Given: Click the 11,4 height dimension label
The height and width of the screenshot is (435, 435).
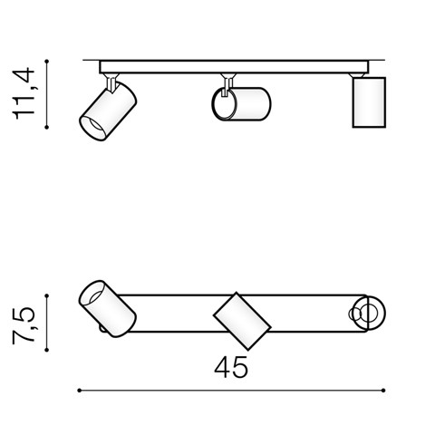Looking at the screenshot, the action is (x=24, y=93).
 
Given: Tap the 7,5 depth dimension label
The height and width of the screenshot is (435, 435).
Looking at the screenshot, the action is (x=24, y=325).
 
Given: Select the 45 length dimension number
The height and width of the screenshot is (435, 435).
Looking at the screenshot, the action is (x=231, y=367).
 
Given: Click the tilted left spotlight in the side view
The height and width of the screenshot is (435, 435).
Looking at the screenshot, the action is (x=108, y=111).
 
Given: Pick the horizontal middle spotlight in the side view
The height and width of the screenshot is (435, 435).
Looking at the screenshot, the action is (x=241, y=104).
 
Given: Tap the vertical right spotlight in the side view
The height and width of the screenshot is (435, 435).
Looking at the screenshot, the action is (x=369, y=102).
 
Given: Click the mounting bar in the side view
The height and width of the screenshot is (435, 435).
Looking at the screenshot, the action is (x=234, y=67).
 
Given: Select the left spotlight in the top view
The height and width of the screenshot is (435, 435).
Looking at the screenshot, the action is (x=107, y=309).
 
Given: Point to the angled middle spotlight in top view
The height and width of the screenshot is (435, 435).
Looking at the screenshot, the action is (x=242, y=321).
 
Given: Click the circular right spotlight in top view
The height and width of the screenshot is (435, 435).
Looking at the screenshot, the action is (x=369, y=314).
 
